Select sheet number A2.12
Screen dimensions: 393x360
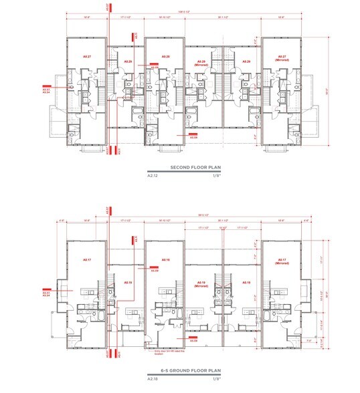click(x=155, y=176)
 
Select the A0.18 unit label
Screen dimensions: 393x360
click(x=164, y=259)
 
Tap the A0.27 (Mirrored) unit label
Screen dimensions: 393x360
click(x=281, y=59)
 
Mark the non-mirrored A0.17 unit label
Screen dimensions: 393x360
click(x=86, y=259)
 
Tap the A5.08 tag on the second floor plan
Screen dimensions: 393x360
click(x=193, y=137)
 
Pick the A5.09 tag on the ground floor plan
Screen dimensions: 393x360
click(x=154, y=271)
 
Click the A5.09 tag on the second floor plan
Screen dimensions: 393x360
click(x=154, y=68)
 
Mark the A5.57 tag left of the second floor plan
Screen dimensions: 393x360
click(x=46, y=89)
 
